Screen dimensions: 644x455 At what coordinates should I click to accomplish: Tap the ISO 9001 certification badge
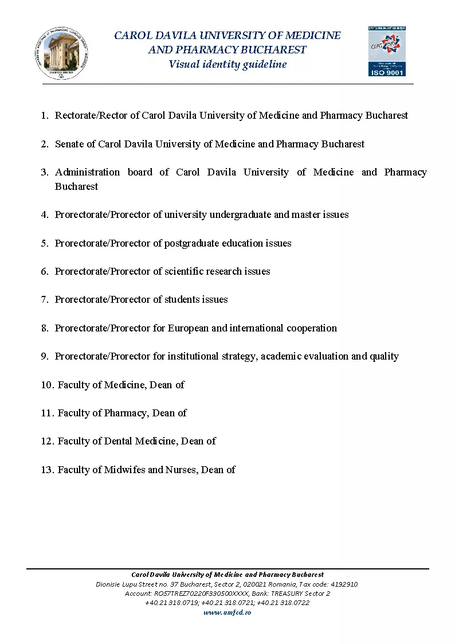coord(387,51)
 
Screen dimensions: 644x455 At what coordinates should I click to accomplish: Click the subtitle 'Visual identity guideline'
coord(227,64)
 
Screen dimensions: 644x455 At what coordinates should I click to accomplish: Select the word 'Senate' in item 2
coord(69,144)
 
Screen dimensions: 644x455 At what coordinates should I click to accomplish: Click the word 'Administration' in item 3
coord(87,172)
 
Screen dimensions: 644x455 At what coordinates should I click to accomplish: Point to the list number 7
coord(44,299)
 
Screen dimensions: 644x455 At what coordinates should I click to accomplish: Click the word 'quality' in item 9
coord(384,356)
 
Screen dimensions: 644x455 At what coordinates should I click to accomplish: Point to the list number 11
coord(47,413)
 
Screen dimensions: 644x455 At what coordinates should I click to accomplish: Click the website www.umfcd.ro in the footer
coord(227,612)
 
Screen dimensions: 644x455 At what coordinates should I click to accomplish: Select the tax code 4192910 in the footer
coord(342,584)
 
